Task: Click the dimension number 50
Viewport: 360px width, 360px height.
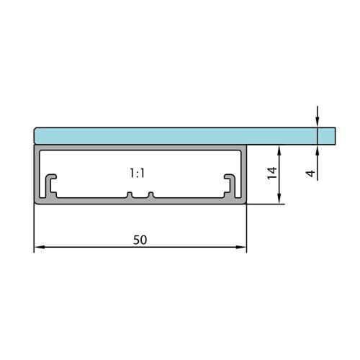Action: coord(140,240)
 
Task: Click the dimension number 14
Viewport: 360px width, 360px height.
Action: coord(272,173)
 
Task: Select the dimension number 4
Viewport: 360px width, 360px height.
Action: coord(311,173)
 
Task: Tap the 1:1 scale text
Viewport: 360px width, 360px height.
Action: coord(137,173)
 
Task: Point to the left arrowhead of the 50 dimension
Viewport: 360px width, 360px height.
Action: coord(40,247)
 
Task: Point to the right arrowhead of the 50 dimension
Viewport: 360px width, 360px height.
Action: coord(241,247)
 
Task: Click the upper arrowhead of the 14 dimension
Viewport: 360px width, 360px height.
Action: coord(279,150)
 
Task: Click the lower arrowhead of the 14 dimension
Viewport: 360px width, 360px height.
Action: coord(279,199)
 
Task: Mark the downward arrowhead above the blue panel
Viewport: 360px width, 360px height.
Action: coord(318,122)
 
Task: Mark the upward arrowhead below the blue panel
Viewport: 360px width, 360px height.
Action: coord(318,150)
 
